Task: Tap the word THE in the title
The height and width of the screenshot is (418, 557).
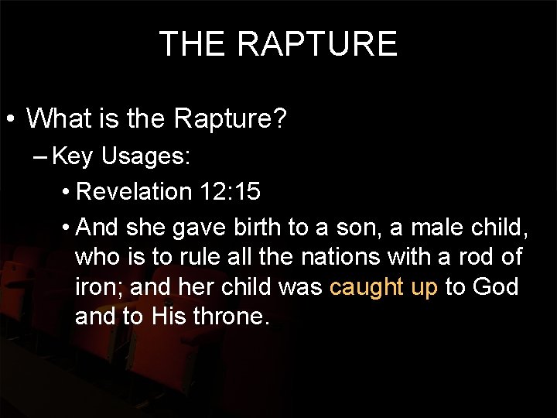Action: [189, 44]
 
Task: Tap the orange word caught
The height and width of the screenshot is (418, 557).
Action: [366, 288]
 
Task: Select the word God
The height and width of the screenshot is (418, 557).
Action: [496, 287]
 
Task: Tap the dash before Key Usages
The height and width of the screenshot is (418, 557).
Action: [43, 158]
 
